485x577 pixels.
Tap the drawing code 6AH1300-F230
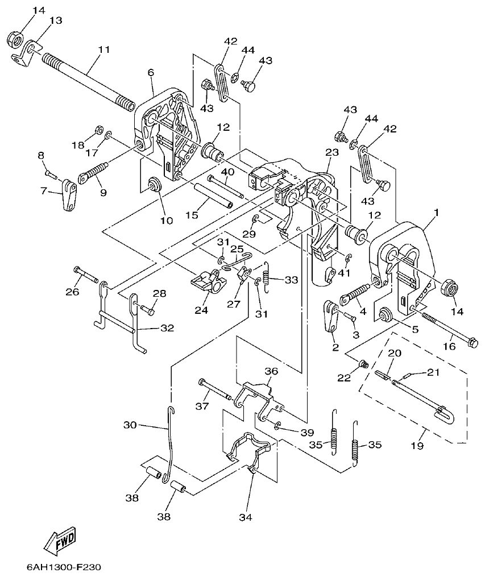click(x=64, y=567)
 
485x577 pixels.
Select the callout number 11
click(x=103, y=50)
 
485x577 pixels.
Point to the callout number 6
click(x=151, y=73)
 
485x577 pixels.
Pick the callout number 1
click(x=436, y=213)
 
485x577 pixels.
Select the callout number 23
click(x=332, y=152)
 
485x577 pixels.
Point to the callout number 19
click(x=417, y=447)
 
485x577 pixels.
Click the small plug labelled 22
click(x=364, y=364)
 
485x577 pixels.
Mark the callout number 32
click(x=166, y=328)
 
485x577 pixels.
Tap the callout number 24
click(x=201, y=310)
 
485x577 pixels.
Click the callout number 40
click(x=227, y=172)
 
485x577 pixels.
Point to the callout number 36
click(x=271, y=371)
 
